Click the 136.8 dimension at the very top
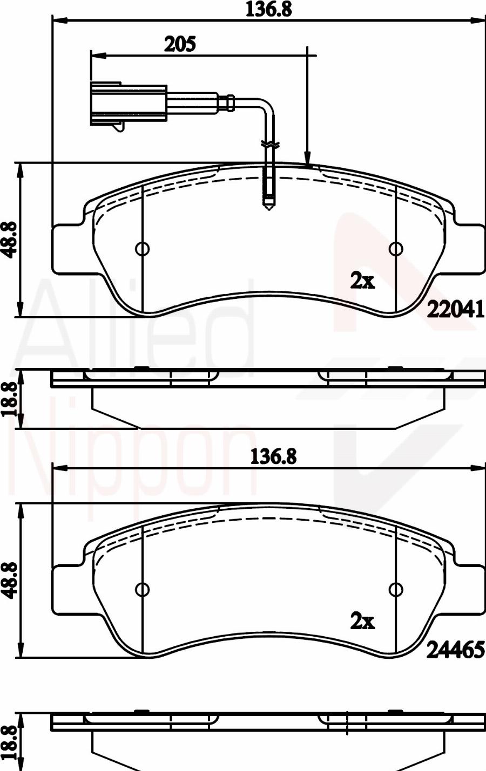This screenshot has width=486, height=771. tap(268, 10)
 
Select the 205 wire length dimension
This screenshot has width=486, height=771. tap(179, 44)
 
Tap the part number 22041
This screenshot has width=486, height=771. tap(455, 309)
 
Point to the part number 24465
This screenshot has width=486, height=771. tap(455, 651)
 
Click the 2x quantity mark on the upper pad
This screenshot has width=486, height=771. tap(362, 281)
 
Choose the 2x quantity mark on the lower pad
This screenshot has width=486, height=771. tap(362, 622)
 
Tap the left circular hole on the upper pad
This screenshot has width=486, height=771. tap(142, 249)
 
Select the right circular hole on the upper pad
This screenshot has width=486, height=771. tap(396, 249)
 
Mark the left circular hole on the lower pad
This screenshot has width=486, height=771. tap(142, 589)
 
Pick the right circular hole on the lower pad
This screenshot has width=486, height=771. tap(396, 589)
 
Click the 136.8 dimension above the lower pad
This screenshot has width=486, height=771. tap(273, 457)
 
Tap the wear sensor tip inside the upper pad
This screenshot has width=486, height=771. tap(268, 202)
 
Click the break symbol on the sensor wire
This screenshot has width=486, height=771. tap(269, 145)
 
